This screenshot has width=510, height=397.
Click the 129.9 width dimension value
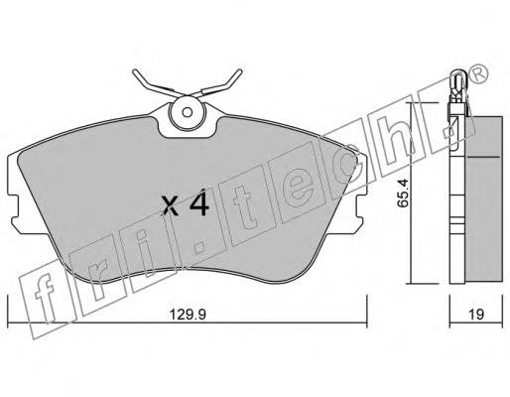pos(188,314)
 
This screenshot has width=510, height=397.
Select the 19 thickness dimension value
pos(476,314)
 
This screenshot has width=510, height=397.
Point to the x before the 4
pos(171,206)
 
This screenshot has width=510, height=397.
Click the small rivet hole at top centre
pos(188,112)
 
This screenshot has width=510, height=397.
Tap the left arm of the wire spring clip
pos(155,83)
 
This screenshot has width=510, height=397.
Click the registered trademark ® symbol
pos(478,73)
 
